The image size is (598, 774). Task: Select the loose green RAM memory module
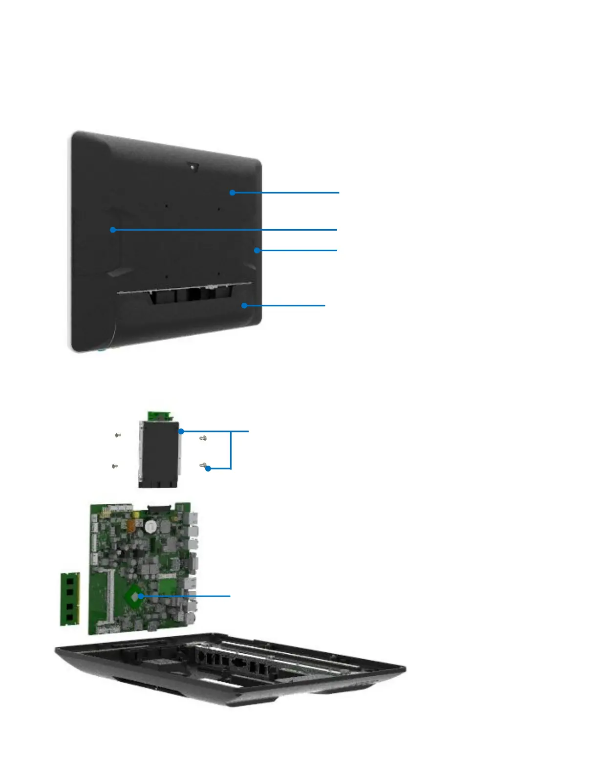click(70, 599)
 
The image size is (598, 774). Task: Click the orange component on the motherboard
click(130, 527)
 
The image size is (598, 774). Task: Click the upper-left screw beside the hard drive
click(118, 435)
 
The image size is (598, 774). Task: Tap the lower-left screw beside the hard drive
click(115, 466)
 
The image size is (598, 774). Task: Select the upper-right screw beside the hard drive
click(203, 438)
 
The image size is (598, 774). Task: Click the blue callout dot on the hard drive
click(181, 431)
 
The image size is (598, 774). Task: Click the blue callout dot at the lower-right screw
click(208, 469)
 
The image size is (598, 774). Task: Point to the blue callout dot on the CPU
click(141, 596)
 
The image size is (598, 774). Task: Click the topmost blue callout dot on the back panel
click(233, 193)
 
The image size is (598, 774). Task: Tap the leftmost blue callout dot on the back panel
click(113, 230)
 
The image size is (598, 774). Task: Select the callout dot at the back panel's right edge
click(256, 250)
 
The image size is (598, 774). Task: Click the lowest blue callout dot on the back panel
click(244, 305)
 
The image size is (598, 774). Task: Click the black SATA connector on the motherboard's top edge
click(158, 509)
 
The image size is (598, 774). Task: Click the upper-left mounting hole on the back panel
click(167, 206)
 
